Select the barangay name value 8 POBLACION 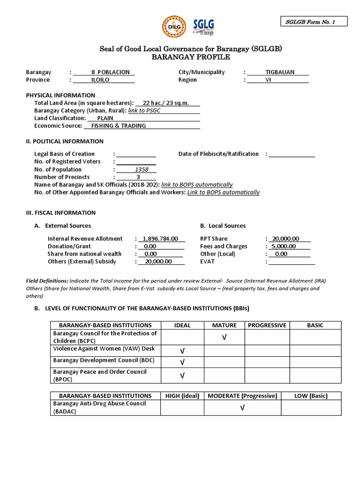click(106, 72)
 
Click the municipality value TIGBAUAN click(278, 72)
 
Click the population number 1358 click(141, 169)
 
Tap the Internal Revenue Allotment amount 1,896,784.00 click(160, 239)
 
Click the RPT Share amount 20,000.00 click(285, 239)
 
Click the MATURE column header click(224, 325)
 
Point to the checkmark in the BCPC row click(224, 337)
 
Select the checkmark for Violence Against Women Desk click(182, 351)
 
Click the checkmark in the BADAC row click(242, 408)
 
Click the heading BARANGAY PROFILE click(191, 57)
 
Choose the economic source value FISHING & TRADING click(119, 126)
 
